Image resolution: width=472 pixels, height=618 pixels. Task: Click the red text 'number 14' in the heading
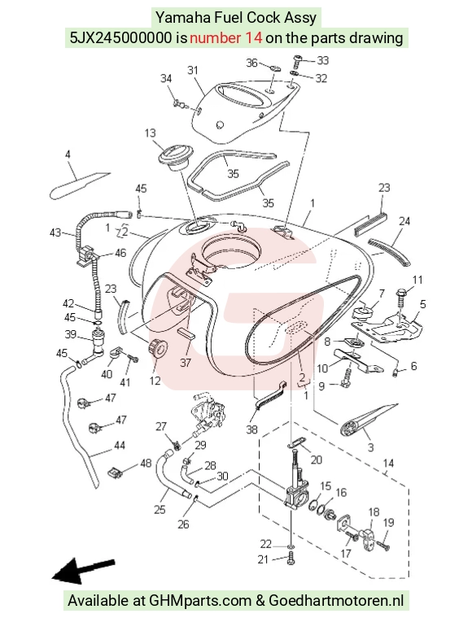[x=226, y=38]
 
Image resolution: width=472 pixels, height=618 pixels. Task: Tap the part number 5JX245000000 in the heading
[x=121, y=38]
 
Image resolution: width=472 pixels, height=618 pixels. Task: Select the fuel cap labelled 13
[x=174, y=158]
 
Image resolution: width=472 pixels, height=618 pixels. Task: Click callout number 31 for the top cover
[x=192, y=71]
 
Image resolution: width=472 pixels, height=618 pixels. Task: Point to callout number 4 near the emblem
[x=68, y=154]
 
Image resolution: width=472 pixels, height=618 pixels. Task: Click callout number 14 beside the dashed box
[x=388, y=463]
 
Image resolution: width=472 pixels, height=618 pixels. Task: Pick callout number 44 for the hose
[x=120, y=446]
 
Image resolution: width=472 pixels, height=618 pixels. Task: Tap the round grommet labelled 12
[x=157, y=348]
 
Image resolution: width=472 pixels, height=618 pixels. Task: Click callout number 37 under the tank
[x=186, y=362]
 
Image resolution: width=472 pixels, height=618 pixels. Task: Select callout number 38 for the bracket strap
[x=251, y=429]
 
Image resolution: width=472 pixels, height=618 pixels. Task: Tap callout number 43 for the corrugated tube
[x=55, y=233]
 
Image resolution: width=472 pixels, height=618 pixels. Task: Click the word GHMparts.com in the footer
[x=200, y=601]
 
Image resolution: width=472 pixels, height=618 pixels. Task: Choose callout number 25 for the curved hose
[x=160, y=510]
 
